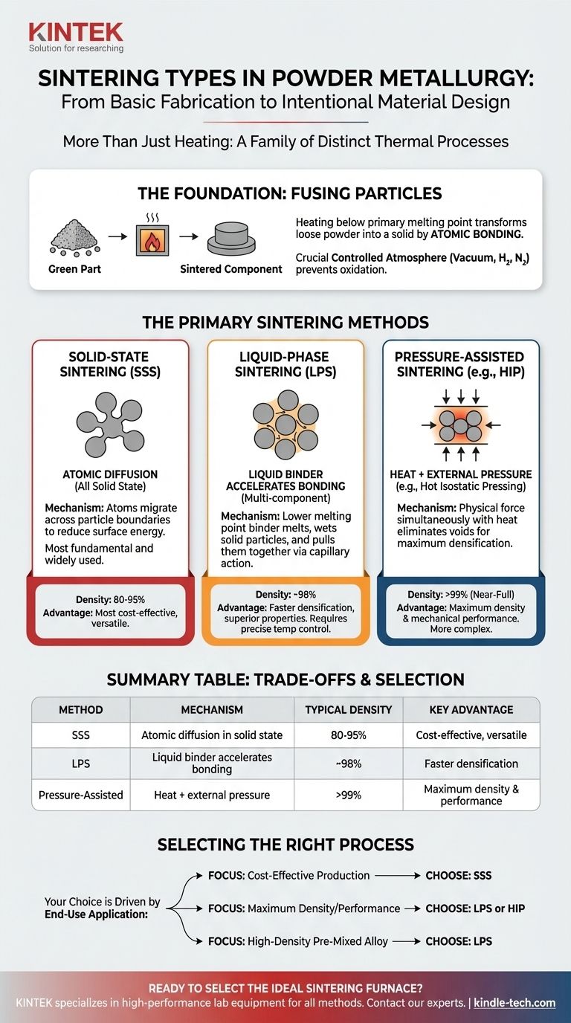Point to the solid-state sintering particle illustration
pyautogui.click(x=109, y=425)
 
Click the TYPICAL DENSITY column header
pyautogui.click(x=348, y=709)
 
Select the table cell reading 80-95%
pyautogui.click(x=348, y=735)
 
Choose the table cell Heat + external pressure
pyautogui.click(x=212, y=795)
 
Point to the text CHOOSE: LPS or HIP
pyautogui.click(x=474, y=908)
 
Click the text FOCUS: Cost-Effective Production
pyautogui.click(x=288, y=875)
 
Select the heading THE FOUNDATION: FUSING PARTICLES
pyautogui.click(x=290, y=194)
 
